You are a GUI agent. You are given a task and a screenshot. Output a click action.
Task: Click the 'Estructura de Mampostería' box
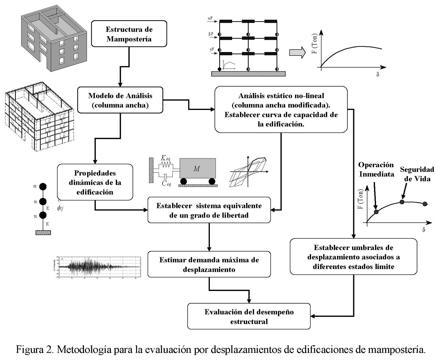129,34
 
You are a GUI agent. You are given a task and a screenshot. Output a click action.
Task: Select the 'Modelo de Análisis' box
120,100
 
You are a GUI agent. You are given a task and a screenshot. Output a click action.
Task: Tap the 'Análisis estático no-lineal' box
281,109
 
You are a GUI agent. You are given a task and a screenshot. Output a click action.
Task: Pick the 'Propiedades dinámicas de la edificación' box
95,182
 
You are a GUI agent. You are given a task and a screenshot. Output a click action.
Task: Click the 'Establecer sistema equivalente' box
209,210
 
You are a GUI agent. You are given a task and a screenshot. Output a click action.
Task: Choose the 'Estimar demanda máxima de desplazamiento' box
209,264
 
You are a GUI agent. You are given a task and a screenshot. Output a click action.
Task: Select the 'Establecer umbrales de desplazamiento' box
353,256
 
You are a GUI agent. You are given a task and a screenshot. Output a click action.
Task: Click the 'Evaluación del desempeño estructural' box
249,316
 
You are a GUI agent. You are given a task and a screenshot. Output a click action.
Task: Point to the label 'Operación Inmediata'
376,169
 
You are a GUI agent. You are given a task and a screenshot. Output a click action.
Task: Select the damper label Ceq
166,183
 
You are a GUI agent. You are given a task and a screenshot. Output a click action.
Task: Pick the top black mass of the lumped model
43,187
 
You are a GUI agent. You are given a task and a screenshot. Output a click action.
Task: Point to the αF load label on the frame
210,18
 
